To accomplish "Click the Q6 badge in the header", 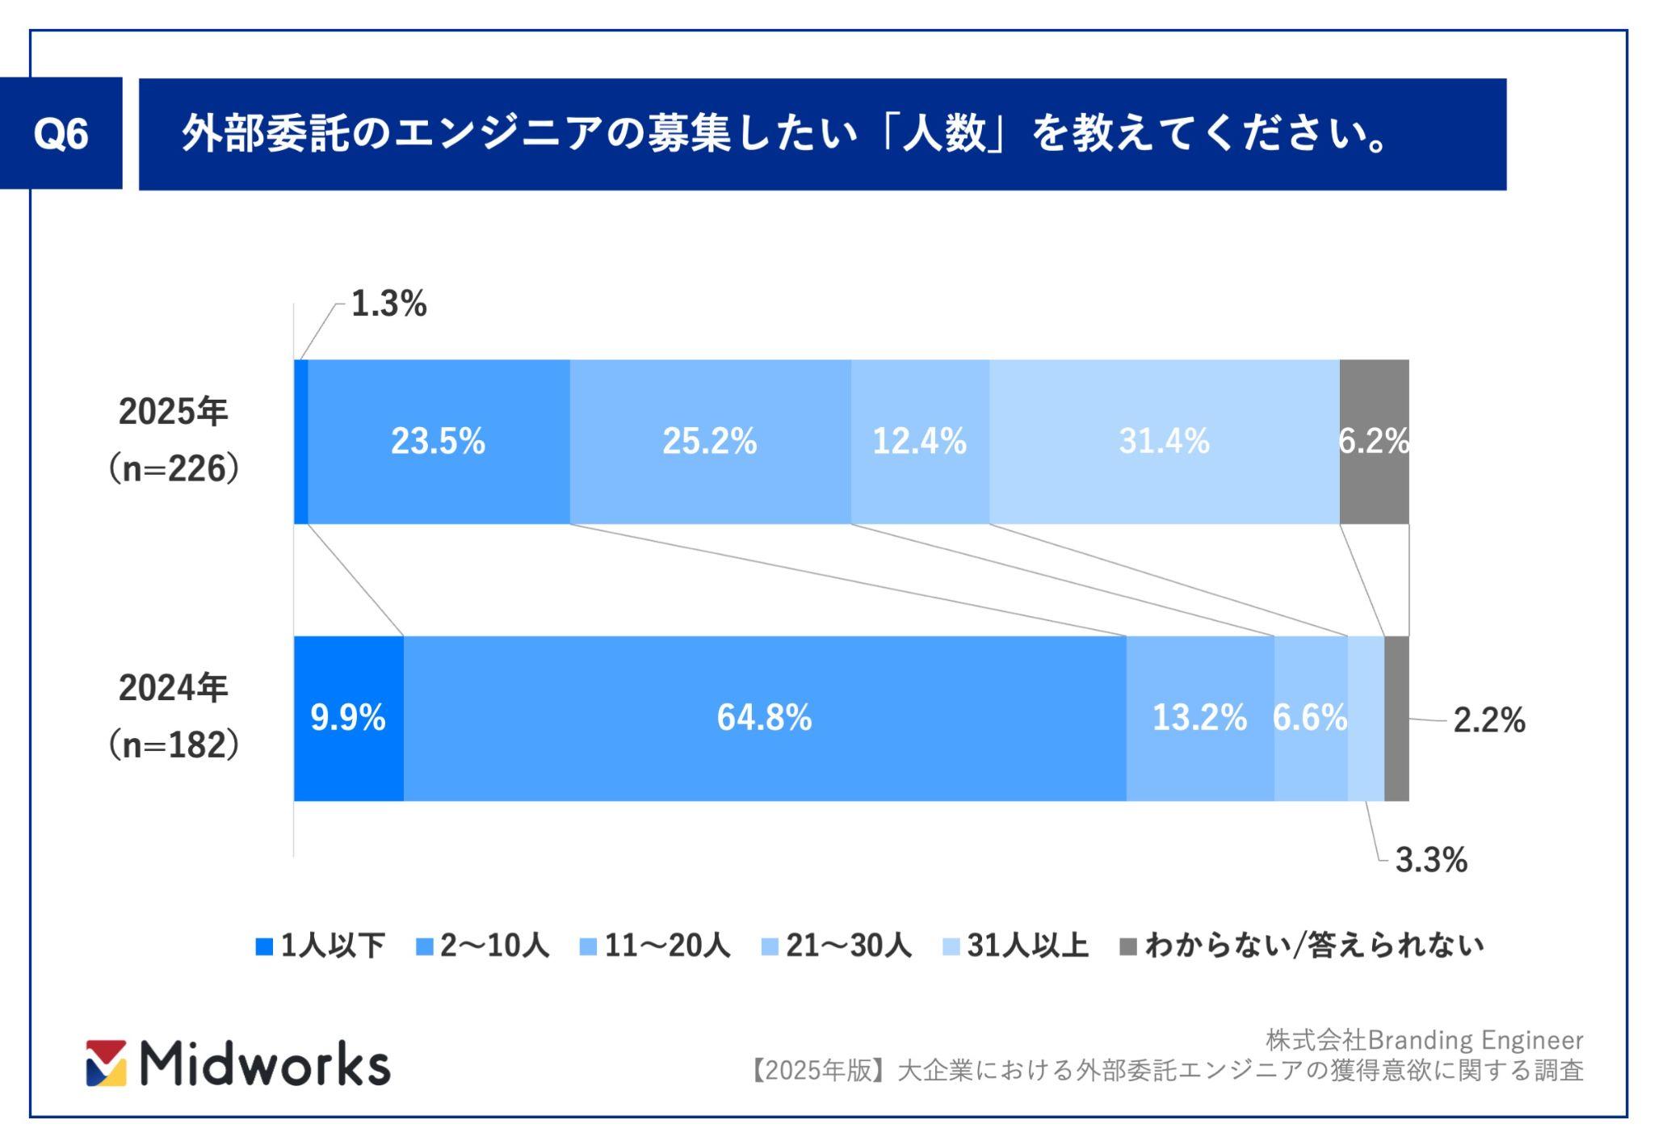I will [x=61, y=133].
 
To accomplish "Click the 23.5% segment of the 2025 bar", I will [x=439, y=442].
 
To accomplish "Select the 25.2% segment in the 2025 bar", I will [x=709, y=442].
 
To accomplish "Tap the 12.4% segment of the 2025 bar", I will [x=919, y=442].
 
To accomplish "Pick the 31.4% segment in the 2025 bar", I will [x=1164, y=442].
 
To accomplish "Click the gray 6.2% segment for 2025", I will [x=1374, y=442].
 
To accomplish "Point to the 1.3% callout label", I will [x=388, y=304].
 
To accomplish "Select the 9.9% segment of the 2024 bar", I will [x=348, y=718].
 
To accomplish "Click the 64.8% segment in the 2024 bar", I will [x=764, y=718].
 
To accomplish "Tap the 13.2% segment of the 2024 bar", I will [x=1199, y=718].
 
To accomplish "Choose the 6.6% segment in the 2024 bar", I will [x=1310, y=718].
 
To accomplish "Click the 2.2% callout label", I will [x=1488, y=720].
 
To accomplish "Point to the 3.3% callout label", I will [x=1431, y=861].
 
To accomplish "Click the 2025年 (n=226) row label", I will [x=174, y=440].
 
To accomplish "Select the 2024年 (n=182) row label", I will [x=174, y=716].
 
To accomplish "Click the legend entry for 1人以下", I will [x=321, y=946].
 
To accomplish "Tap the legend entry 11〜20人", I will [x=656, y=946].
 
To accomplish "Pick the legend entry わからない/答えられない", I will [x=1302, y=946].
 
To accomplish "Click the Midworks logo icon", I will [x=107, y=1063].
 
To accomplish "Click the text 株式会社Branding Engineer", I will [x=1424, y=1040].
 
